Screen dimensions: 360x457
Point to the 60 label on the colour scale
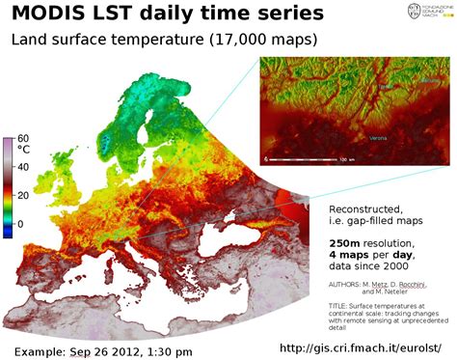point(23,138)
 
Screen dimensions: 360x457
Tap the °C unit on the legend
point(25,150)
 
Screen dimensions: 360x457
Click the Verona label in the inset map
point(375,137)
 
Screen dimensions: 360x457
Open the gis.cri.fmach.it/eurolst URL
point(365,346)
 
